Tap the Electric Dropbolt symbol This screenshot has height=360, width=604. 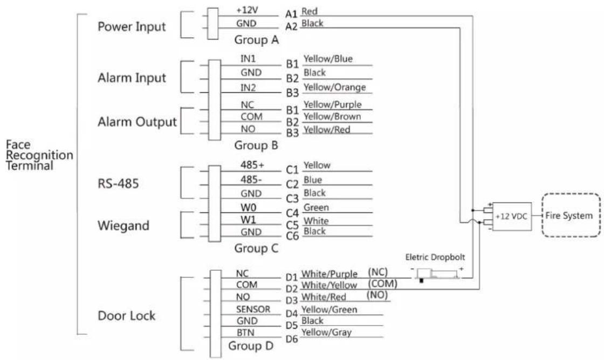coord(438,274)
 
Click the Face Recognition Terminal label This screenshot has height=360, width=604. coord(39,155)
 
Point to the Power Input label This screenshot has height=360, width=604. coord(132,27)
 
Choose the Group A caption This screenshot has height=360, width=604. coord(256,40)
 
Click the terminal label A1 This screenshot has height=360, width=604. coord(291,14)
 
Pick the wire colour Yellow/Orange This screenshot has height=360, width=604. coord(334,87)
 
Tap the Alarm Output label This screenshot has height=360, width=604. coord(137,122)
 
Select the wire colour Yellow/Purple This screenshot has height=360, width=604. coord(332,105)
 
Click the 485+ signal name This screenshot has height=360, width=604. coord(252,165)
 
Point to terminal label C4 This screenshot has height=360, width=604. coord(292,213)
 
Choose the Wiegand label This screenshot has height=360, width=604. coord(123,226)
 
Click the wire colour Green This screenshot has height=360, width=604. coord(316,207)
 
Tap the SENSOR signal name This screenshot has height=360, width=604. coord(253,309)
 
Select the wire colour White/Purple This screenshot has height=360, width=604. coord(330,274)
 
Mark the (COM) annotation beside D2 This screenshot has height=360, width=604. coord(382,284)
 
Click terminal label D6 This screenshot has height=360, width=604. coord(292,339)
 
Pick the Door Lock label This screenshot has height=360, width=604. coord(126,316)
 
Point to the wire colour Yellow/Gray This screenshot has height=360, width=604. coord(326,333)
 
